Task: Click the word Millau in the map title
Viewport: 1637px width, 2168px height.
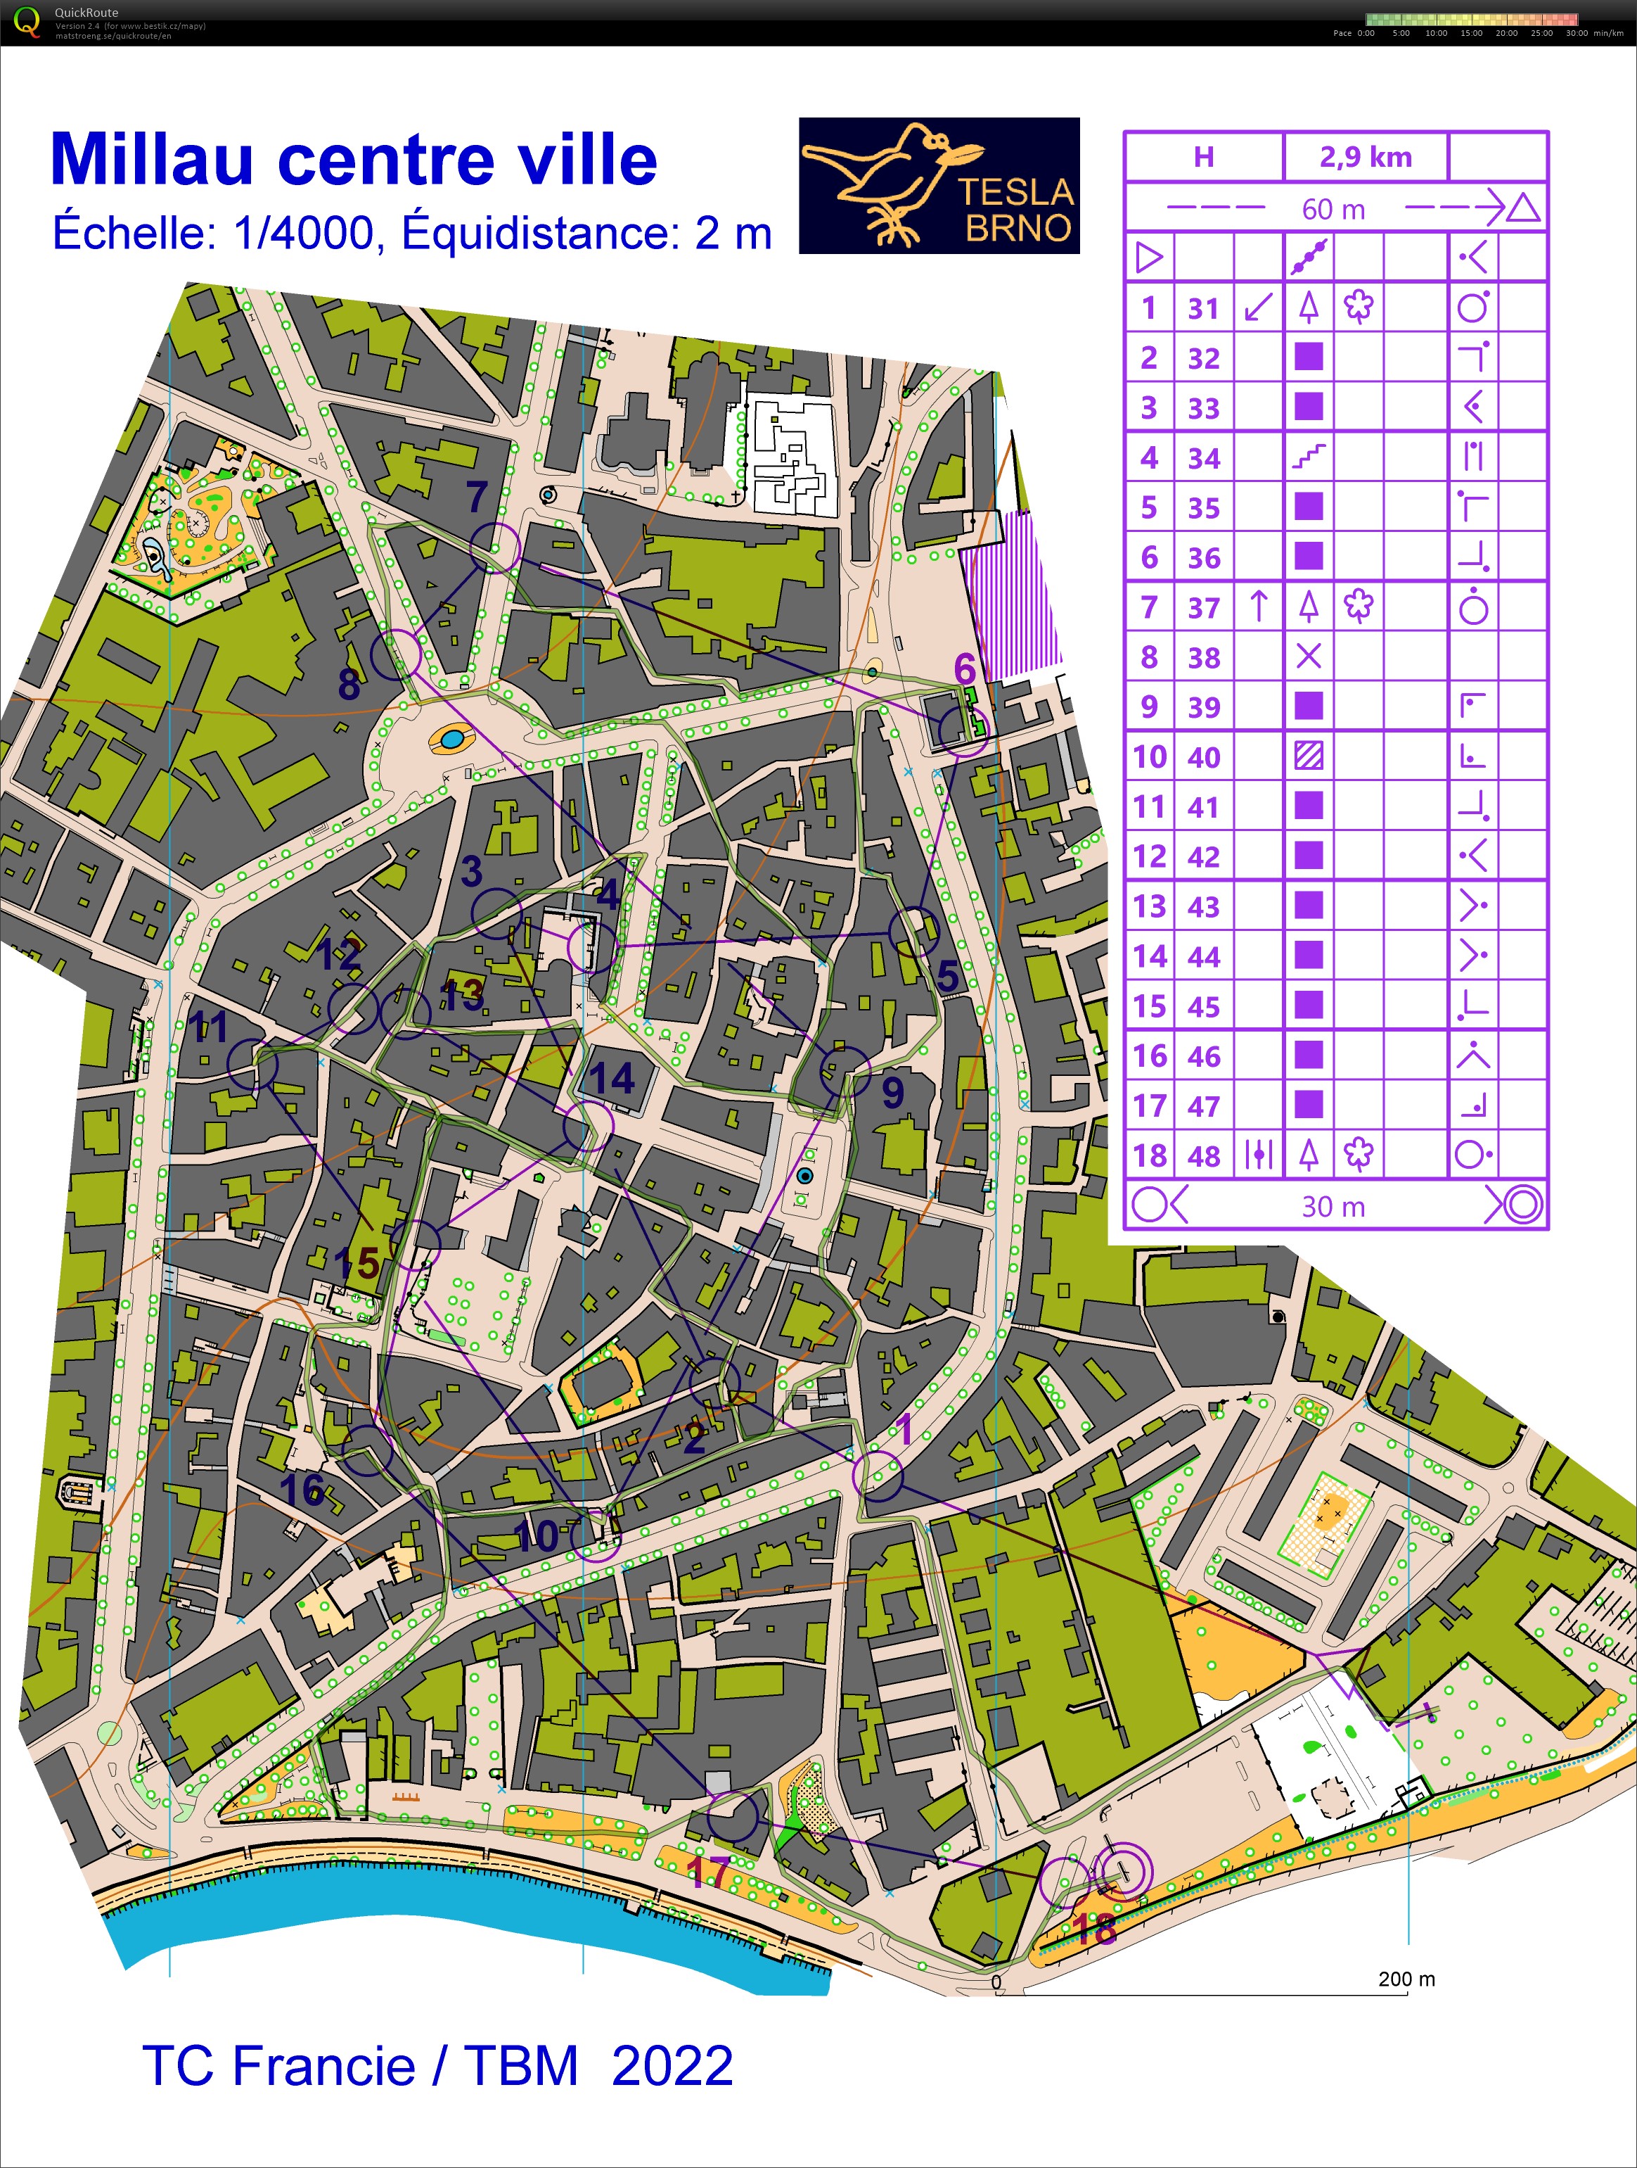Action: (152, 159)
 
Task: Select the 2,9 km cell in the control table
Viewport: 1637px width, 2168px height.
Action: (1365, 157)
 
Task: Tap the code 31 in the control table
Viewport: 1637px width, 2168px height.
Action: (1203, 309)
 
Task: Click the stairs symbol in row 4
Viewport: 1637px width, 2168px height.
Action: (1309, 457)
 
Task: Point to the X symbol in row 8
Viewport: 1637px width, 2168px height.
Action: (1309, 657)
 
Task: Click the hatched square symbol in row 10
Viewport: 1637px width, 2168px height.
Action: (1309, 756)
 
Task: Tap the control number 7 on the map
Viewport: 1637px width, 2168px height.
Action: (477, 497)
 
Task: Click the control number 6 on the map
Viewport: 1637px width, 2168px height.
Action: (965, 669)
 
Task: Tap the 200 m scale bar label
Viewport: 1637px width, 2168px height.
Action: (1406, 1978)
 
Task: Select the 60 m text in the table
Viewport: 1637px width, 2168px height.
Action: (1333, 209)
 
